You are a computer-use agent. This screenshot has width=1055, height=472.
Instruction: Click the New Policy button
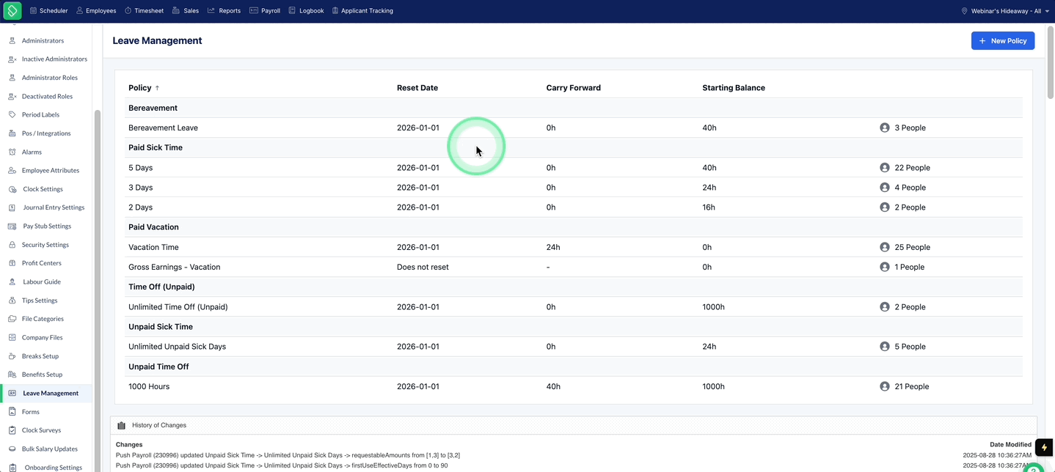coord(1003,41)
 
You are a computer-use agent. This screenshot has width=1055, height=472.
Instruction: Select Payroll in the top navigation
coord(265,11)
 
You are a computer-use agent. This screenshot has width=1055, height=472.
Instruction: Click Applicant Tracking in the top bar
coord(362,11)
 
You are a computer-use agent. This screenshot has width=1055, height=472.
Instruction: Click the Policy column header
coord(140,88)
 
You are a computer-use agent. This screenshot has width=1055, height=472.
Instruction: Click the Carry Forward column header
coord(573,88)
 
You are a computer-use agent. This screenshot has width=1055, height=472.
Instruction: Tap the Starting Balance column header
coord(734,88)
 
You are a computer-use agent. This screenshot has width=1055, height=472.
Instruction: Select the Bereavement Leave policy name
coord(163,128)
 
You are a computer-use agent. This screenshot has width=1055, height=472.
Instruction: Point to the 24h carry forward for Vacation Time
coord(553,247)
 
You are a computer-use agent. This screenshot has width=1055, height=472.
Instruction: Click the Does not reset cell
coord(423,267)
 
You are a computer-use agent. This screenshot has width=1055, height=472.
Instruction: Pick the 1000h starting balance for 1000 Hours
coord(713,386)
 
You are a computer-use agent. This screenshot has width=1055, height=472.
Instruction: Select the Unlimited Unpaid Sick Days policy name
coord(177,347)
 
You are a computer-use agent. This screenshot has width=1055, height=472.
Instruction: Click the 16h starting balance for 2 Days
coord(709,207)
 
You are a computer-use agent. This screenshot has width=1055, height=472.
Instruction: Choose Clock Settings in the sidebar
coord(43,189)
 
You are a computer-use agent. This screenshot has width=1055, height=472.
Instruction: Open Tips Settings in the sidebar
coord(40,300)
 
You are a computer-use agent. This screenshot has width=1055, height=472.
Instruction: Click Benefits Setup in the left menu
coord(42,375)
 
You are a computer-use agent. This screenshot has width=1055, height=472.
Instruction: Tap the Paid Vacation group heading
coord(153,226)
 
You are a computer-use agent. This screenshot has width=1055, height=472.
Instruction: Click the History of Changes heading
coord(159,425)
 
